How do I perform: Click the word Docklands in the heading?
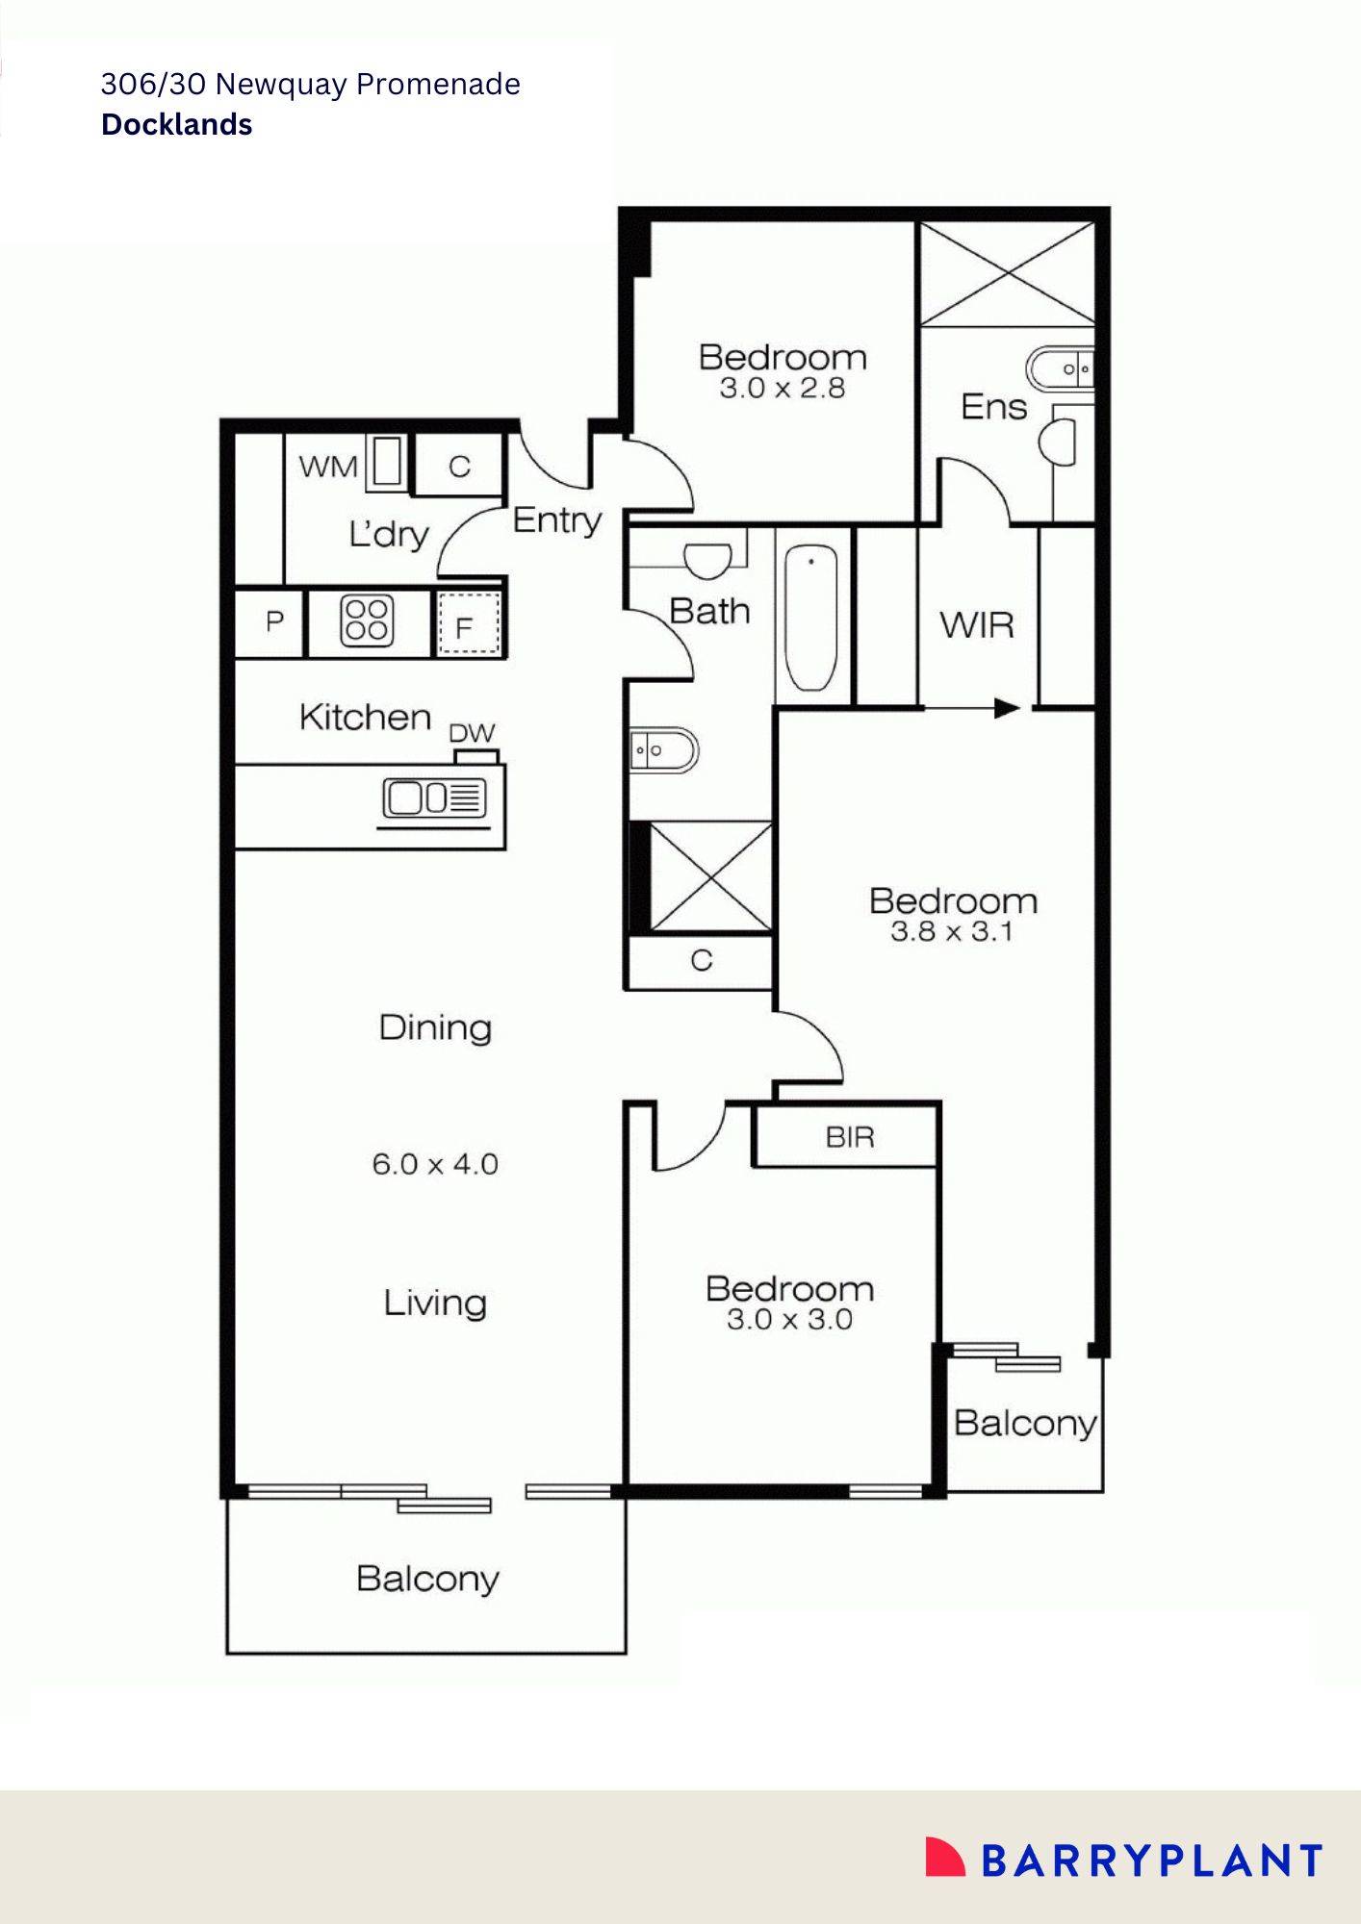177,125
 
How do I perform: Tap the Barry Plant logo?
1123,1860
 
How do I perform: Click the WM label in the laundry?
328,467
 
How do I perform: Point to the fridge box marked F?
469,624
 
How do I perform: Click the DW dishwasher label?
472,733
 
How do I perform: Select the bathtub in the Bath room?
810,618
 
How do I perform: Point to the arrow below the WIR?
972,709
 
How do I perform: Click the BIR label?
850,1137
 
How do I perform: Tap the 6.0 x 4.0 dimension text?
435,1164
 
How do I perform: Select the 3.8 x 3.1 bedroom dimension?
952,931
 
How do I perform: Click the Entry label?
557,520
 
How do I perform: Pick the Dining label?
435,1027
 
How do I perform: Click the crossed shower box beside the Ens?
1007,273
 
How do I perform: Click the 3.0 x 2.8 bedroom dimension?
783,388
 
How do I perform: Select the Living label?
435,1304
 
